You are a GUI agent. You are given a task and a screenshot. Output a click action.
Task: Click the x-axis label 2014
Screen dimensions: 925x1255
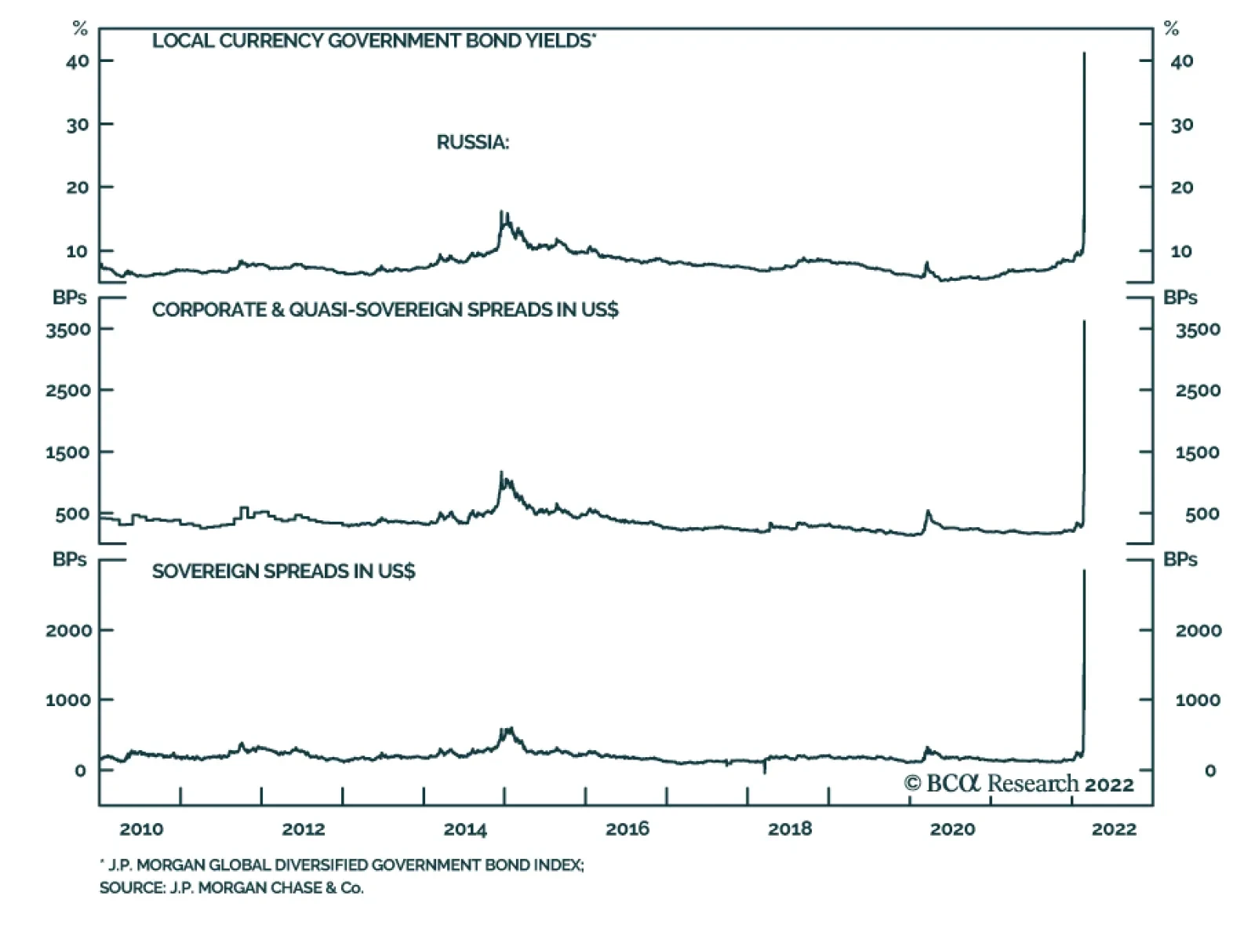pos(465,829)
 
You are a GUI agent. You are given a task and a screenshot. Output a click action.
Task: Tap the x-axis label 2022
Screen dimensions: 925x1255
pos(1114,829)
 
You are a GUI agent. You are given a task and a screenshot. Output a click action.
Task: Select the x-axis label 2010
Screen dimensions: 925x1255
pos(141,829)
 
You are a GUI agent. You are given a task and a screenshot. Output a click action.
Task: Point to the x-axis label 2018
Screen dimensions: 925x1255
pos(790,829)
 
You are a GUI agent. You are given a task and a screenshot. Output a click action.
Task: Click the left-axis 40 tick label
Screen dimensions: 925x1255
pos(77,61)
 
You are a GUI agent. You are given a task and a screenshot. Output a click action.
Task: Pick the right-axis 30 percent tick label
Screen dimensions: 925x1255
pos(1181,125)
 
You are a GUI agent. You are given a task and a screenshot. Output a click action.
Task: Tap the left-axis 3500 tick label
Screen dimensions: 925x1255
pos(68,330)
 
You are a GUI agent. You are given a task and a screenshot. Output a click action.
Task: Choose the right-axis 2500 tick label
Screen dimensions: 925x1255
pos(1197,391)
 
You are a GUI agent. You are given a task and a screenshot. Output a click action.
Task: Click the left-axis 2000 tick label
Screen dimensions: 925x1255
pos(68,631)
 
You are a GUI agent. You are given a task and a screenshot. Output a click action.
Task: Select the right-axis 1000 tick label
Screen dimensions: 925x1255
pos(1197,700)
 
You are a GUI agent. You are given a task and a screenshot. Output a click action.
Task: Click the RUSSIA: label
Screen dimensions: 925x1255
pos(472,142)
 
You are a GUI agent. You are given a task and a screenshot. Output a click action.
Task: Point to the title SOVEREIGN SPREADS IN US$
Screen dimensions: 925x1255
pos(283,571)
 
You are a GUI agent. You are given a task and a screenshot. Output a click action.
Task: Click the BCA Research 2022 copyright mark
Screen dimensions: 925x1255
pos(1018,784)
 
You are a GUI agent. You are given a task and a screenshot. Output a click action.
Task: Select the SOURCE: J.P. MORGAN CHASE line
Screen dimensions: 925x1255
pos(231,888)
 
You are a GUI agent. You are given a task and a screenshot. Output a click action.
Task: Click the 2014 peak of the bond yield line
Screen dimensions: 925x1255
pos(501,212)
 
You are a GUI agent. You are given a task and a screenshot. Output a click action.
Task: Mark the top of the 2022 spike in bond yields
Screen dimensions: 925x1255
pos(1084,53)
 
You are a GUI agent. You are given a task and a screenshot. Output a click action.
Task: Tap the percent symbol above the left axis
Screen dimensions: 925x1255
pos(80,29)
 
